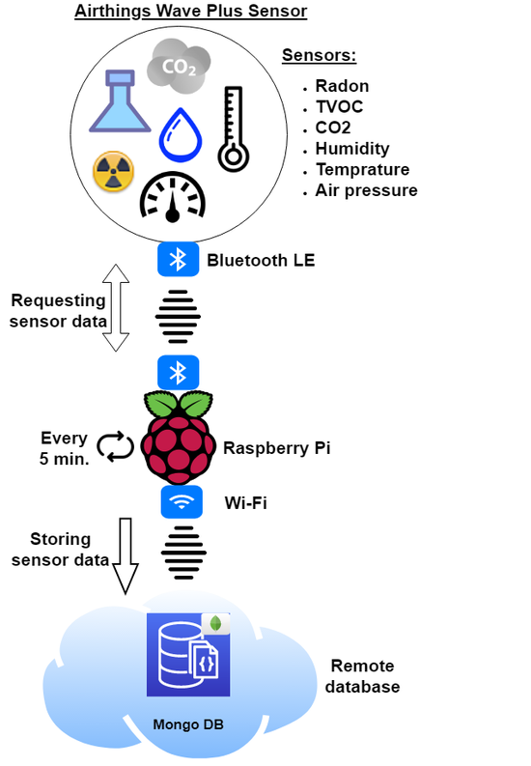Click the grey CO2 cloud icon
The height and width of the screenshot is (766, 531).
180,66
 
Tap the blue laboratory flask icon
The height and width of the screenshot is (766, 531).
120,101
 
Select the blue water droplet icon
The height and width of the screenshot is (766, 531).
181,135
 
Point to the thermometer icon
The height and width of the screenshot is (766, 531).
234,129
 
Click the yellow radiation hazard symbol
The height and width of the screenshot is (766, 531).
113,171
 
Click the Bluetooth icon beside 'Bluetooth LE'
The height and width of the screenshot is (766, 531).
179,259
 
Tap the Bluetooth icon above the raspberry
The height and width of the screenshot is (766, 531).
179,373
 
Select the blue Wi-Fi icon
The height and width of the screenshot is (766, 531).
182,501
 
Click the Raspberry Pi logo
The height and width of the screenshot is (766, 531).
179,438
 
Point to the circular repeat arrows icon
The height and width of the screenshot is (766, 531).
115,446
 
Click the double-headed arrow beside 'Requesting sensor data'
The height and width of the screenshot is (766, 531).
116,308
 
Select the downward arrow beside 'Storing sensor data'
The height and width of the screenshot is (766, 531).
126,556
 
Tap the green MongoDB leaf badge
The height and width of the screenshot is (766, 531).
215,624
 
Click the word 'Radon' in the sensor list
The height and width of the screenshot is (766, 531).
342,86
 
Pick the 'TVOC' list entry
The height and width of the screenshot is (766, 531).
339,107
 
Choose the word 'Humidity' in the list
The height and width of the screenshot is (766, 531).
352,149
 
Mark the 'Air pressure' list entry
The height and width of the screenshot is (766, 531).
367,190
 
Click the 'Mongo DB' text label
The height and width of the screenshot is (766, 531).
188,724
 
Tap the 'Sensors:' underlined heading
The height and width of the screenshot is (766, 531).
320,55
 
